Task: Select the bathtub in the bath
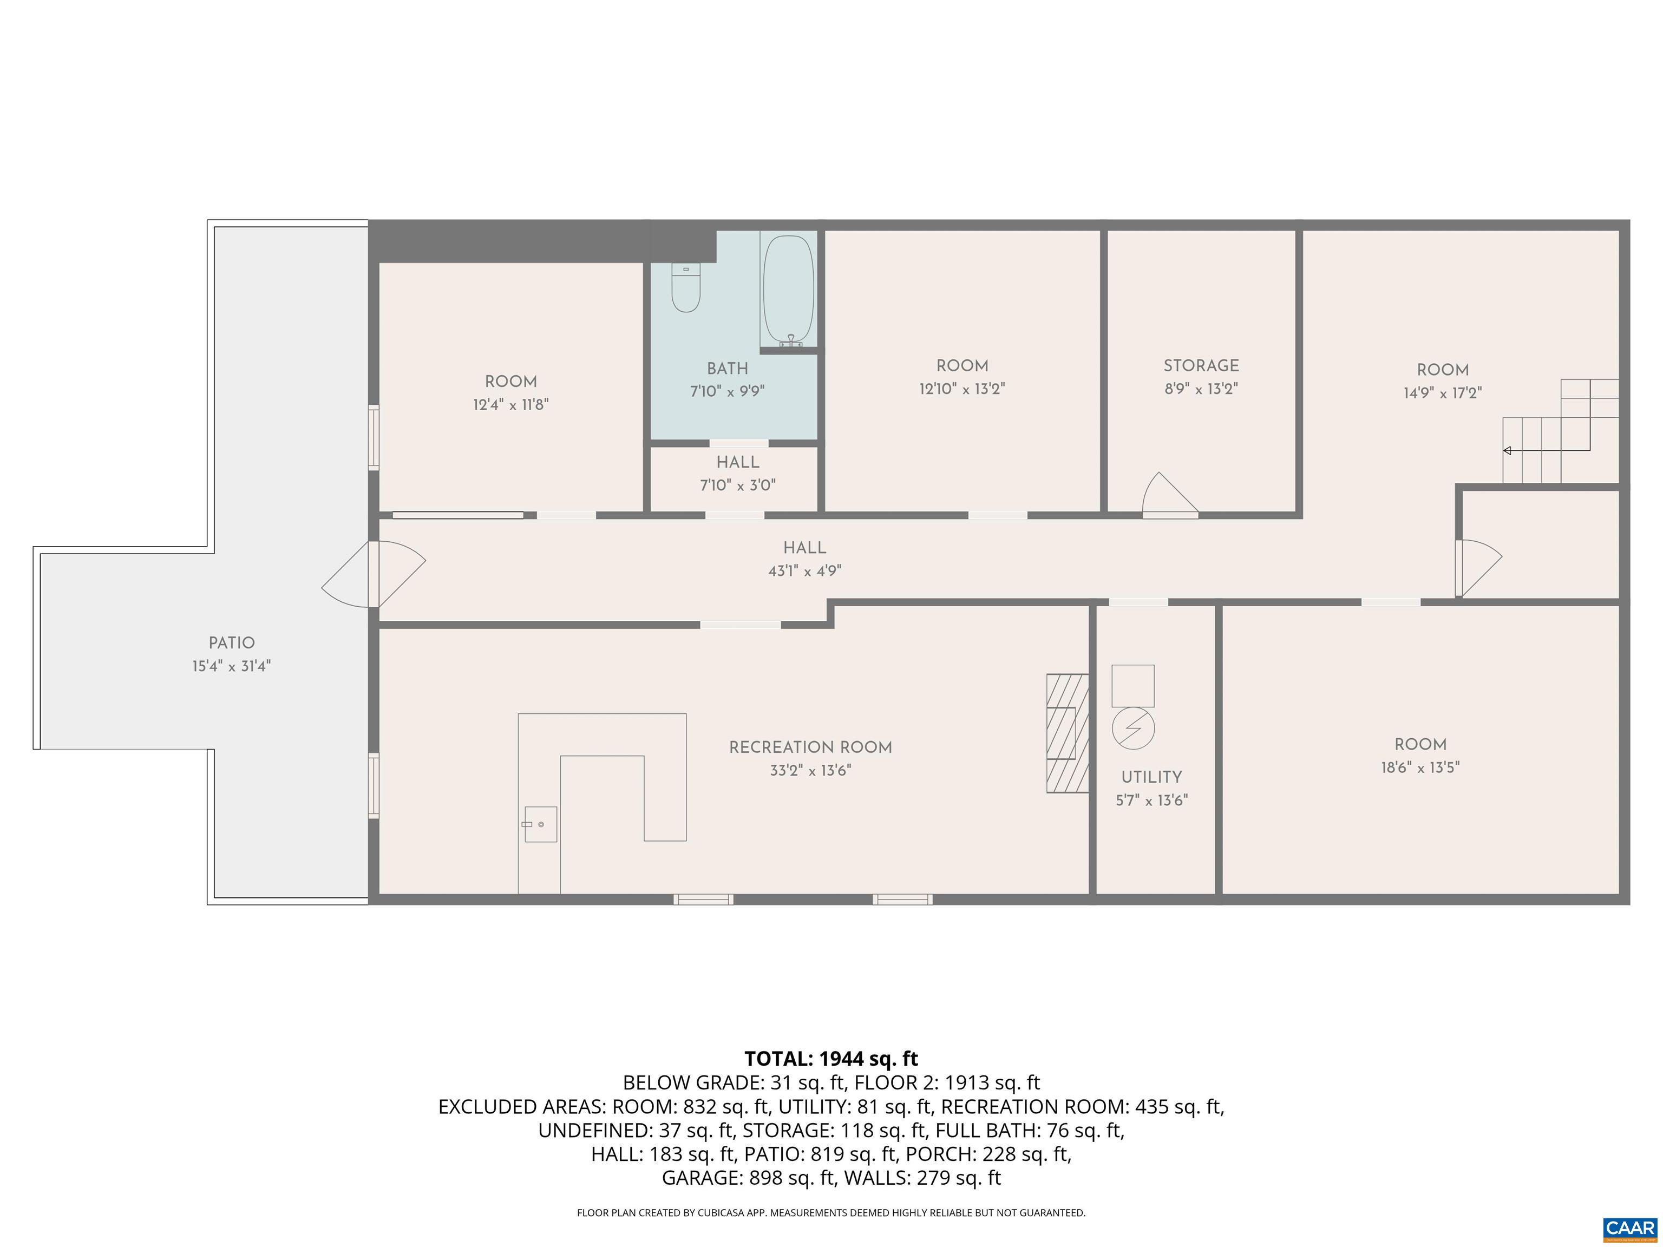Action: tap(788, 290)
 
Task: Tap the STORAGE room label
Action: tap(1201, 366)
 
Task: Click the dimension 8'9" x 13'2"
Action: tap(1201, 389)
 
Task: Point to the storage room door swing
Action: tap(1168, 495)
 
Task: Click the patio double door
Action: tap(374, 574)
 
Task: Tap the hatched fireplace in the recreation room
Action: tap(1068, 733)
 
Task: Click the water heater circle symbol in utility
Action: tap(1133, 727)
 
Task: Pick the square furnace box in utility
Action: tap(1133, 686)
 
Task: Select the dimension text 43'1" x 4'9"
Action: tap(804, 571)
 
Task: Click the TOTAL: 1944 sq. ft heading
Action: tap(831, 1059)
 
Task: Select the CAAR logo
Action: tap(1629, 1228)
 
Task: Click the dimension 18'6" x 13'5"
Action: tap(1420, 768)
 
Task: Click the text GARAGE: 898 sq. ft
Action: tap(748, 1178)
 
